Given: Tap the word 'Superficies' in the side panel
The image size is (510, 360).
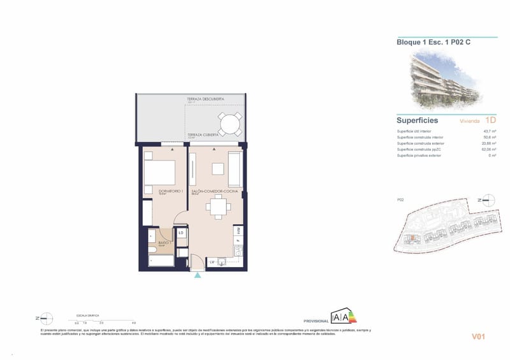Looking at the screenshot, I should [417, 120].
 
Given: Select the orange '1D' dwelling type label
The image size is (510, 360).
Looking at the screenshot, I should [490, 120].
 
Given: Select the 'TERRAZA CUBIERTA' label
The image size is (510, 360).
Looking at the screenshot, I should [203, 135].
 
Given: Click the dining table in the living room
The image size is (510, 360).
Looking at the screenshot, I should [219, 206].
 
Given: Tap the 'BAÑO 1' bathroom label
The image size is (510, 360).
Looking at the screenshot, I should [163, 243].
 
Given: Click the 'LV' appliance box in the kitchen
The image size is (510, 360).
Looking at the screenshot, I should [212, 261].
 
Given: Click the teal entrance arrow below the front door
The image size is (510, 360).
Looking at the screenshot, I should [198, 275].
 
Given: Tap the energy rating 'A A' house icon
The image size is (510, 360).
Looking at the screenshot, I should [340, 317].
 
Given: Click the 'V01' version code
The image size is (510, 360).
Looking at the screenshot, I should [479, 336].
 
